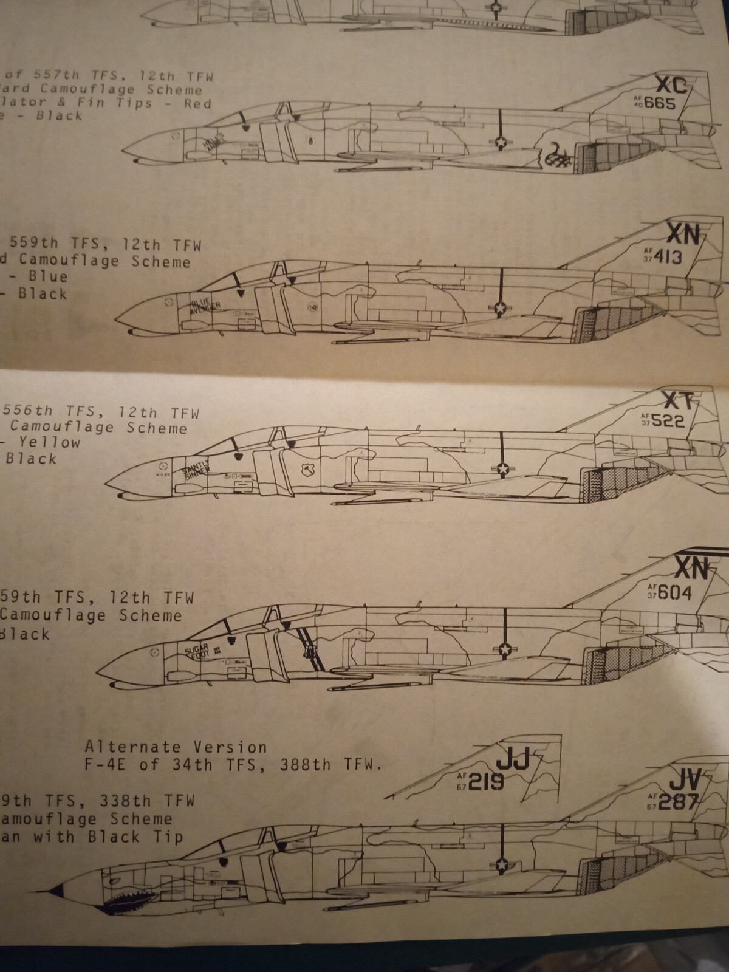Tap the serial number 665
(659, 104)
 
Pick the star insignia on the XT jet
(503, 468)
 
